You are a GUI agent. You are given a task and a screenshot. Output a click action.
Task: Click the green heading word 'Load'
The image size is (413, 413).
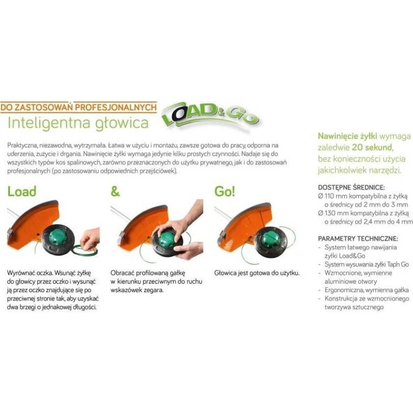tap(22, 192)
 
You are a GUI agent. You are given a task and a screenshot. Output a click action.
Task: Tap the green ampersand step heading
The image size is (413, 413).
tap(115, 192)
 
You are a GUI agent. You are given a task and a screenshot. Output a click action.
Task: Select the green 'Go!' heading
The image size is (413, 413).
tap(225, 192)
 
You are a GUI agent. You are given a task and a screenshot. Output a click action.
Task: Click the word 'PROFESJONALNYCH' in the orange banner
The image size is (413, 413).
tap(116, 107)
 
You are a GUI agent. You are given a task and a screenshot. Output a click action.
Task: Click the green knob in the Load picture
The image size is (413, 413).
tap(57, 236)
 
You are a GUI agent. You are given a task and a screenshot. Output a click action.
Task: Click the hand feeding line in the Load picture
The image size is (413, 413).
tap(90, 239)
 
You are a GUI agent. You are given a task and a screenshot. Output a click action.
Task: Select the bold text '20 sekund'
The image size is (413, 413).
tap(372, 147)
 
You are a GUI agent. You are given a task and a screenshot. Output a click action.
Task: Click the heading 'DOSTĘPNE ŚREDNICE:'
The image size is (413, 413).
tap(352, 187)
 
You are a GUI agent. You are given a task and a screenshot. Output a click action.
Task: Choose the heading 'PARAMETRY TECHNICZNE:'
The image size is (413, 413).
tap(358, 239)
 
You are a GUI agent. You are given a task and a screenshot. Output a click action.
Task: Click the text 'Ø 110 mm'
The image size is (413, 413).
tap(332, 196)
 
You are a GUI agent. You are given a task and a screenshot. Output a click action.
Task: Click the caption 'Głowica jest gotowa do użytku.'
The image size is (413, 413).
tap(257, 273)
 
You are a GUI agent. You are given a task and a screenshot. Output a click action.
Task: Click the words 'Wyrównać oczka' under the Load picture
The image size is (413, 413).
tap(28, 273)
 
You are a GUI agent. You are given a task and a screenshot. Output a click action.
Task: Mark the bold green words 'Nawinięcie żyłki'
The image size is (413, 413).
tap(347, 136)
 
